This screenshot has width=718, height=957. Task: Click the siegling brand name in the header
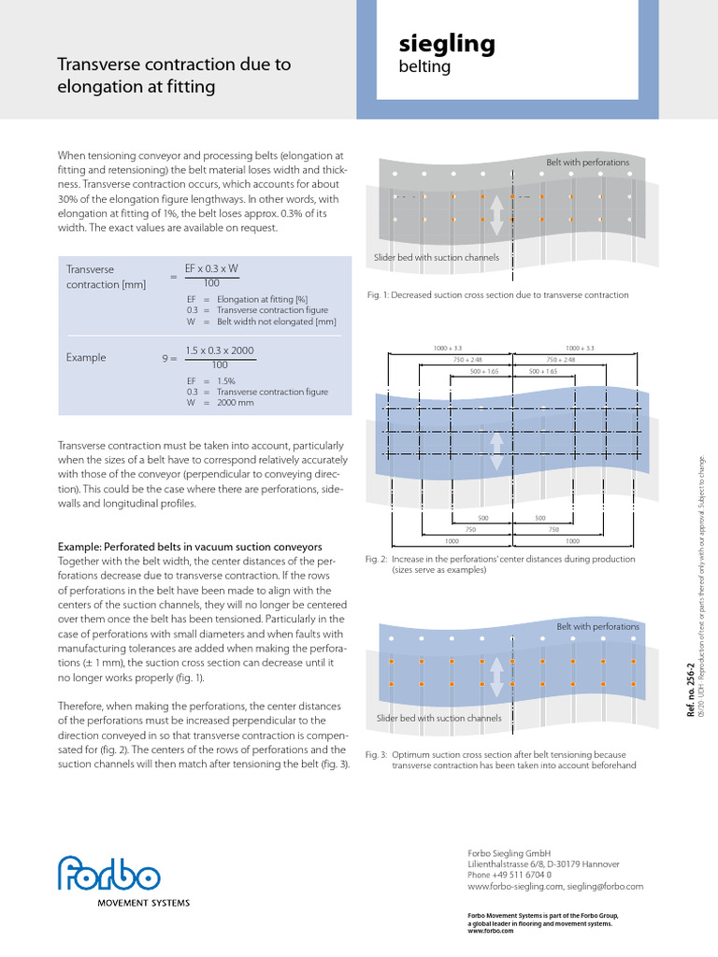point(447,45)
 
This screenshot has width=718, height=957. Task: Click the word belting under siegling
point(424,67)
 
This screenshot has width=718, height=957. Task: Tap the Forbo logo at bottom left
point(108,875)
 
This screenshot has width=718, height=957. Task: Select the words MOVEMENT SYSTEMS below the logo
point(144,903)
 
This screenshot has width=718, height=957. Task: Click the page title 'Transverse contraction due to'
point(174,64)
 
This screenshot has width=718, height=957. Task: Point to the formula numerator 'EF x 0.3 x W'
point(211,268)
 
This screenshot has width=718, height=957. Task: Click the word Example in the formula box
point(86,357)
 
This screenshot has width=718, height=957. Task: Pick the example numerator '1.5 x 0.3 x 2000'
point(220,350)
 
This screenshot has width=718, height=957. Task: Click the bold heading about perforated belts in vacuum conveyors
point(190,546)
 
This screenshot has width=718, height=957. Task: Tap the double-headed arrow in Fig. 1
point(496,215)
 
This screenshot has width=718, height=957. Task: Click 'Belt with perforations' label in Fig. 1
point(588,163)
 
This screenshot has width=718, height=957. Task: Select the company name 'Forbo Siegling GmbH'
point(510,853)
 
